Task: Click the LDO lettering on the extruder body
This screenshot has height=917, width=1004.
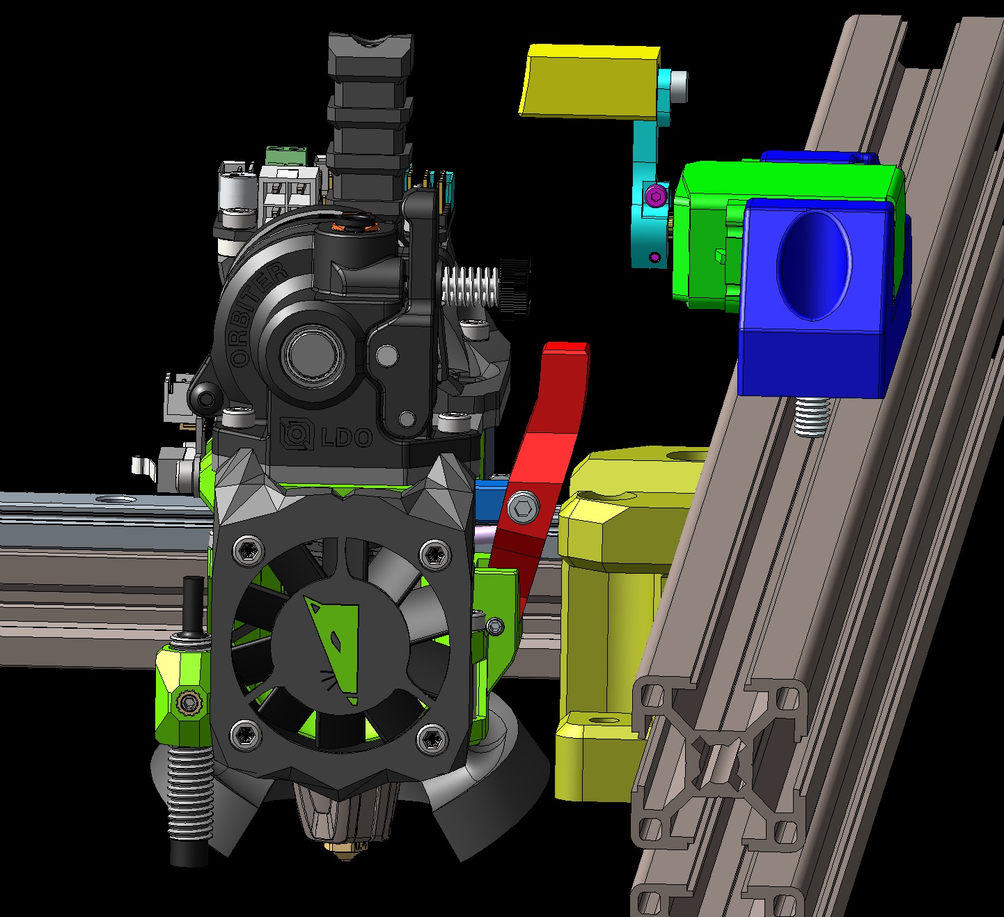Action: coord(327,436)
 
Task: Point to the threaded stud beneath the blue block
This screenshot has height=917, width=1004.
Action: coord(809,416)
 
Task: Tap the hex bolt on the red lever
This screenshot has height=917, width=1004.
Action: coord(522,507)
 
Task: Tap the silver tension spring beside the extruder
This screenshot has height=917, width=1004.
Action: coord(470,286)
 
